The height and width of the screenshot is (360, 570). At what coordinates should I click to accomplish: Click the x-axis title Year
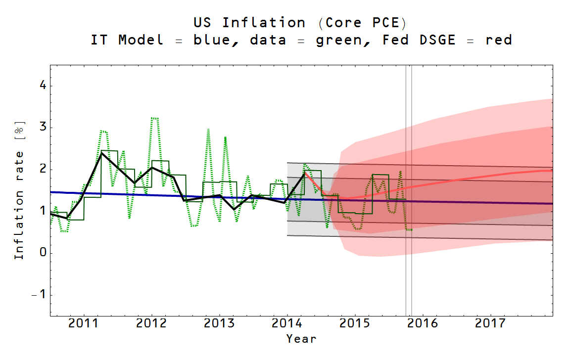[x=301, y=339]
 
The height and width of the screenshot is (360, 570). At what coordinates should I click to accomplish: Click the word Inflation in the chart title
[x=264, y=23]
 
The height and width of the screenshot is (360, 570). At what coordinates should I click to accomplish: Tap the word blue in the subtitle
[x=212, y=40]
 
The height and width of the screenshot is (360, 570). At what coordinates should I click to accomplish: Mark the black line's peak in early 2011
[x=101, y=153]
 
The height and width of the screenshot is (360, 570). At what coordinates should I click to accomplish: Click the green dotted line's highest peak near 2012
[x=154, y=118]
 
